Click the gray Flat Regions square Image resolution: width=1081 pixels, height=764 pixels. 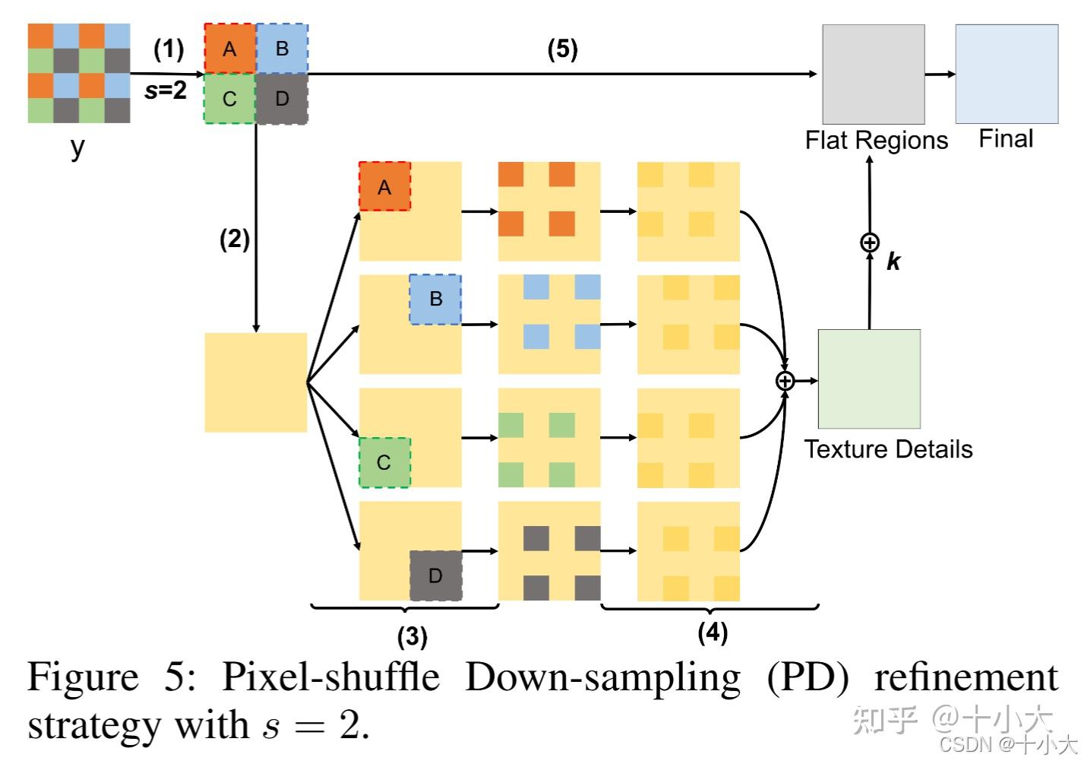[874, 74]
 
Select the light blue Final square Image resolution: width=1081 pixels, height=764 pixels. [1007, 74]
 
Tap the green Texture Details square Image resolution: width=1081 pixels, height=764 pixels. [869, 379]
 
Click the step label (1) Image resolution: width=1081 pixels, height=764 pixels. [169, 49]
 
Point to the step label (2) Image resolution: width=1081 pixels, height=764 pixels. [235, 239]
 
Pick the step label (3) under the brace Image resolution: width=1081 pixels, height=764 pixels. [412, 636]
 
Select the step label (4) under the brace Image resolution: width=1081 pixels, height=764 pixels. [713, 632]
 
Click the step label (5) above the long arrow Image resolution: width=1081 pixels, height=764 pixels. [563, 49]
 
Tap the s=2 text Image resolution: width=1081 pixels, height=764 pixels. [166, 90]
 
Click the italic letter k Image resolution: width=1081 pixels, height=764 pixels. [893, 262]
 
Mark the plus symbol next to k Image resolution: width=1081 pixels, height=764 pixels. [869, 243]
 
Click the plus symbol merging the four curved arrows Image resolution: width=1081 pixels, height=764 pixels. [785, 381]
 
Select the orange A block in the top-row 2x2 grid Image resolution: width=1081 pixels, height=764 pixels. [229, 49]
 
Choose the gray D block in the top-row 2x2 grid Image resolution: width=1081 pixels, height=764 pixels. [282, 99]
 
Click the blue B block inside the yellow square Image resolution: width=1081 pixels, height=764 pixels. [435, 299]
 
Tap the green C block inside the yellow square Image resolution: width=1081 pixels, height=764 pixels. [384, 462]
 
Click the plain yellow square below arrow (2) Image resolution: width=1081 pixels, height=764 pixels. [256, 382]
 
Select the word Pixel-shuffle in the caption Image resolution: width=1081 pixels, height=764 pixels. [330, 677]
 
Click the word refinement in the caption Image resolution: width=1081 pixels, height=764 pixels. [966, 677]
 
